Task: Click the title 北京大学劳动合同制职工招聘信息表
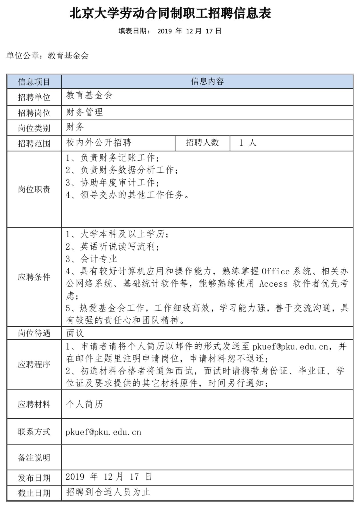tap(170, 13)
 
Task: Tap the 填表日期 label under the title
tap(134, 31)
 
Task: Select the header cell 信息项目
tap(34, 82)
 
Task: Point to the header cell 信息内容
tap(207, 81)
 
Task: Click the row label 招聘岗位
tap(34, 113)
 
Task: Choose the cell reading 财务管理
tap(84, 112)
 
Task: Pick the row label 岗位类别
tap(34, 128)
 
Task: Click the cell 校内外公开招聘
tap(99, 142)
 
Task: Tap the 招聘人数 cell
tap(202, 142)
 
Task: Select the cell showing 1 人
tap(248, 143)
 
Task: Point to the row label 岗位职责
tap(34, 189)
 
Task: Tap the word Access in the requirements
tap(273, 284)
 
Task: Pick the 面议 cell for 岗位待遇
tap(75, 333)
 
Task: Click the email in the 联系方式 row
tap(103, 432)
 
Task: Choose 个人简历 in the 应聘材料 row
tap(84, 404)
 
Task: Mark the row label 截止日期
tap(34, 493)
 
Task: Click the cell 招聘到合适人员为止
tap(108, 492)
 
